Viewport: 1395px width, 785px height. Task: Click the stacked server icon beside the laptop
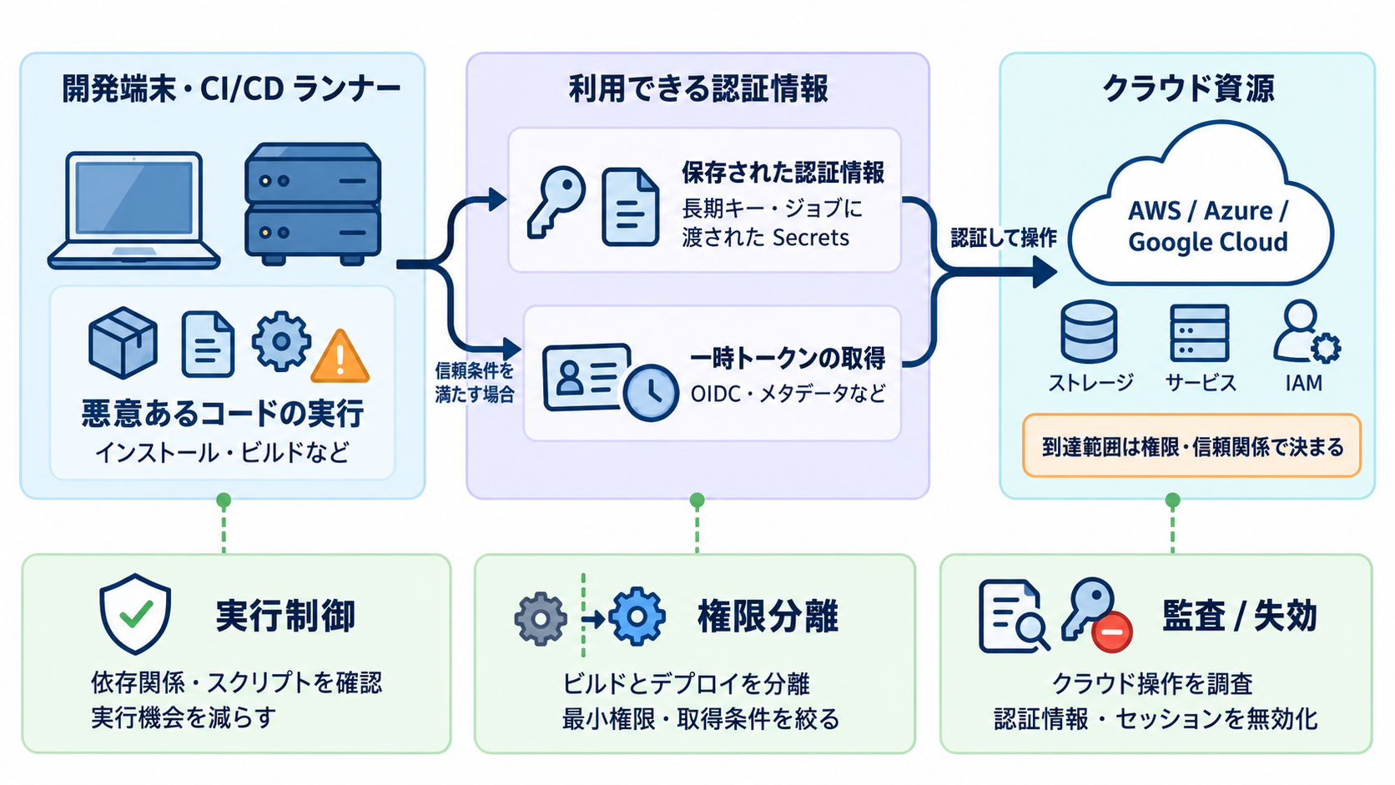(313, 204)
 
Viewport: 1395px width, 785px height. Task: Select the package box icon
(123, 342)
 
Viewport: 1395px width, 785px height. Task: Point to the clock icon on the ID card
(651, 393)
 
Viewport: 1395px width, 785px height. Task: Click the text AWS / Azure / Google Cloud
(1207, 226)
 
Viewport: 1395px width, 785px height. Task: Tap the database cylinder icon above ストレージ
(1089, 331)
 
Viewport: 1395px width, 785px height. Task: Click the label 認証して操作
(1003, 237)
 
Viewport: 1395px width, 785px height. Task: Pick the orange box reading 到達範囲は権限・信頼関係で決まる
(1191, 445)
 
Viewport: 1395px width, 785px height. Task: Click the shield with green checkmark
(135, 614)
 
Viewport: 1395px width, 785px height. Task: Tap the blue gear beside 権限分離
(637, 616)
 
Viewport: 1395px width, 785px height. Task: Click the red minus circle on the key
(1111, 632)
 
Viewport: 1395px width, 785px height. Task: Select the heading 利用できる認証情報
(698, 88)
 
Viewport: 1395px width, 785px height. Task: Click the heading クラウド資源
(1188, 88)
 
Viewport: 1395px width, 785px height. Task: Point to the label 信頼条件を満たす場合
(475, 382)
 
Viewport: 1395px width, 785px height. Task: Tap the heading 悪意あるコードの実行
(222, 413)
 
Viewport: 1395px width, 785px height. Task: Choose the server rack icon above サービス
(1200, 332)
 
